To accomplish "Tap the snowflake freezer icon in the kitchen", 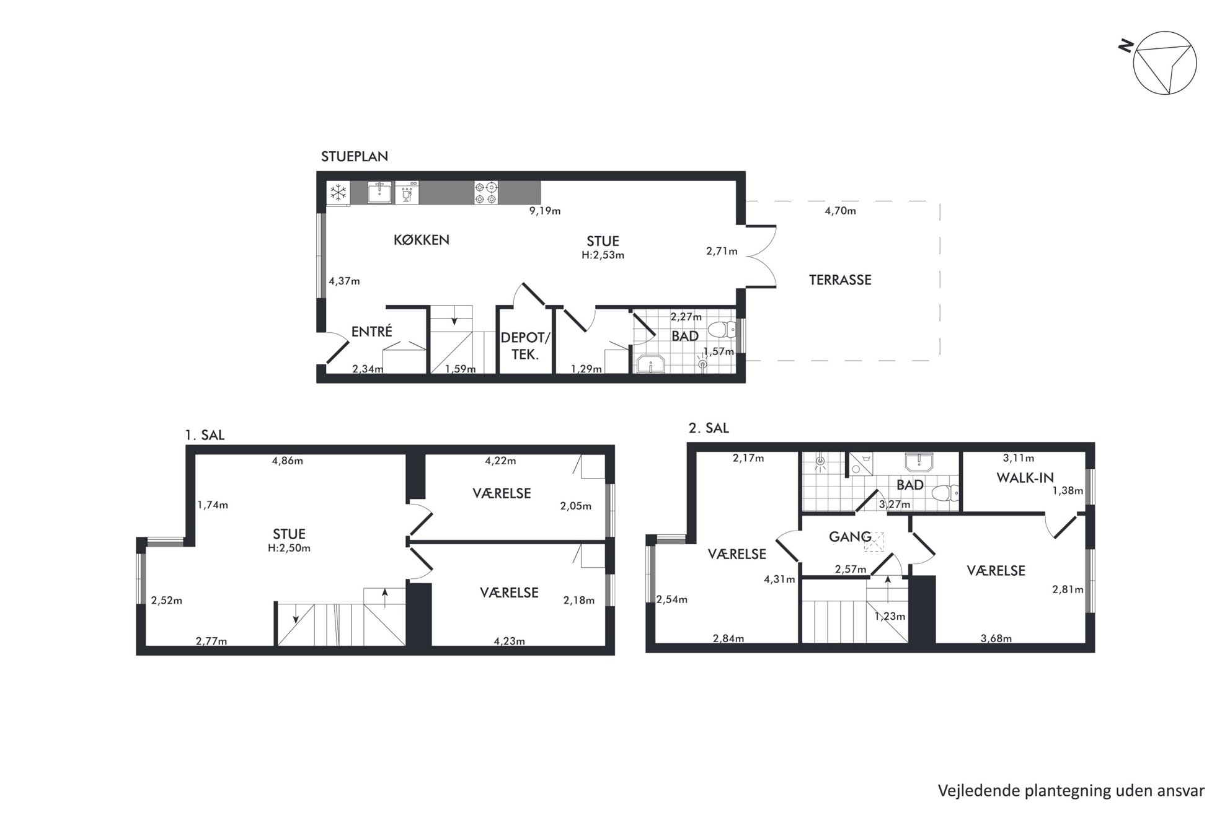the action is point(338,193).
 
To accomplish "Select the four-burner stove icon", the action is point(486,192).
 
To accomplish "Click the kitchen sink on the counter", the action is point(379,192).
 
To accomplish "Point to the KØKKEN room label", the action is point(422,240).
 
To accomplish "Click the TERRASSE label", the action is point(840,280).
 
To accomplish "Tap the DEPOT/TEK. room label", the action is point(525,346).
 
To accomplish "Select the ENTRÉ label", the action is point(372,332).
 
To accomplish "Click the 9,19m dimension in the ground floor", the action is point(545,211).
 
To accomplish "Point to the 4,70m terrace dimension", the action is point(840,211).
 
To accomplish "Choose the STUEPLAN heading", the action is point(355,156).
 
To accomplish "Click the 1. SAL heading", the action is point(205,435).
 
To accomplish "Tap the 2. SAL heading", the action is point(709,428).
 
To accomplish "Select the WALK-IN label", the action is point(1025,478).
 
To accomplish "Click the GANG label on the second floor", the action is point(850,537).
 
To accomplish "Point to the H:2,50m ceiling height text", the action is point(290,549).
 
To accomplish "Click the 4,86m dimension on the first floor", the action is point(288,461).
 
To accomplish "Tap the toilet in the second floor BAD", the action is point(946,493).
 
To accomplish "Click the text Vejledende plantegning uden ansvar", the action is point(1071,791).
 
